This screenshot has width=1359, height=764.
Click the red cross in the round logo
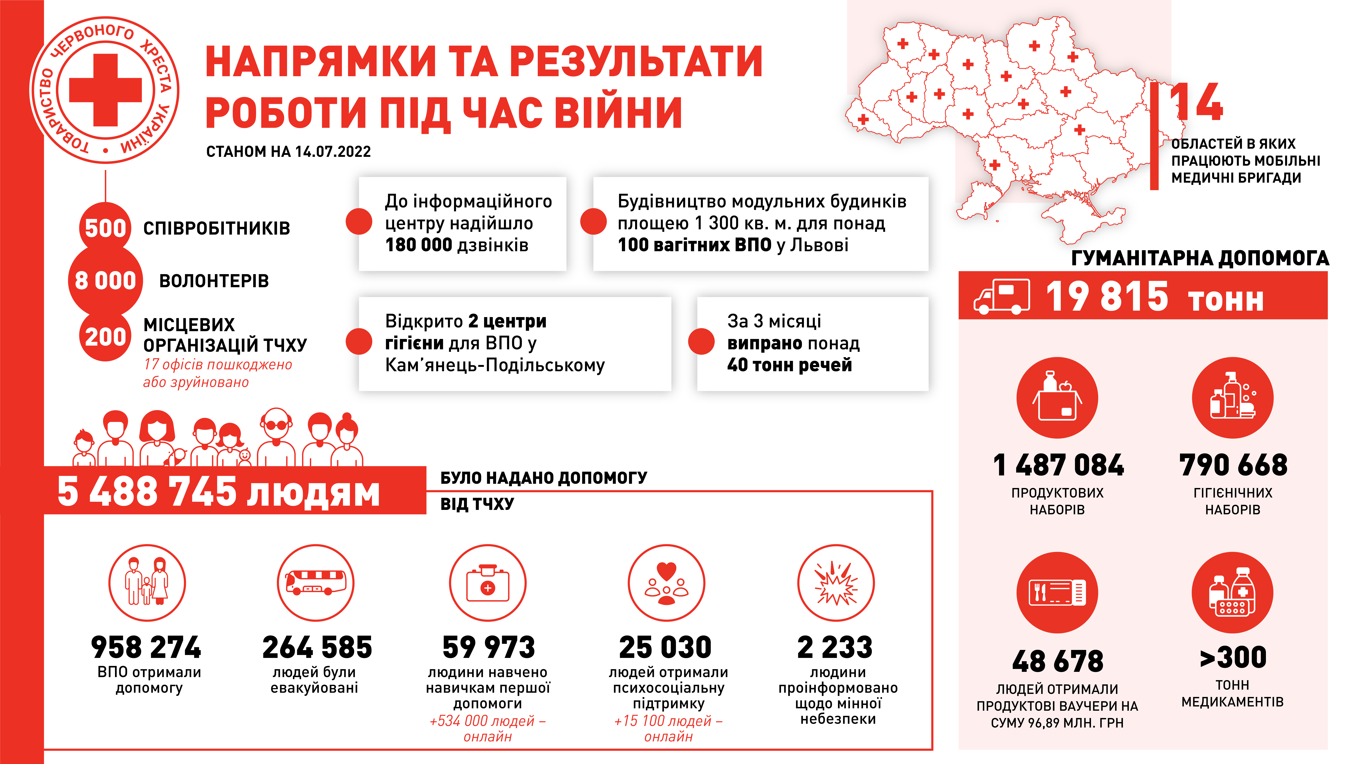pyautogui.click(x=105, y=90)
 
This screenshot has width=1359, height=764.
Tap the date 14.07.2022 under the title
pyautogui.click(x=333, y=152)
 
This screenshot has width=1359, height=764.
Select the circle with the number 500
pyautogui.click(x=105, y=228)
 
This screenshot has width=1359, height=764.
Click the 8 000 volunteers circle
pyautogui.click(x=105, y=281)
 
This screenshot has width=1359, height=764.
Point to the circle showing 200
pyautogui.click(x=105, y=336)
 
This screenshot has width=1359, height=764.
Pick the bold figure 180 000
pyautogui.click(x=419, y=245)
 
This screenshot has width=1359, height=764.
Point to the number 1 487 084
pyautogui.click(x=1058, y=465)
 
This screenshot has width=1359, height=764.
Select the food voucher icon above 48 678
pyautogui.click(x=1057, y=593)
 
